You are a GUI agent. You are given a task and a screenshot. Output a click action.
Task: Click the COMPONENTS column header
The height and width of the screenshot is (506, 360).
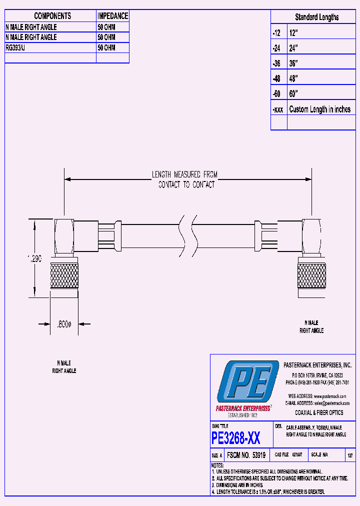tap(52, 16)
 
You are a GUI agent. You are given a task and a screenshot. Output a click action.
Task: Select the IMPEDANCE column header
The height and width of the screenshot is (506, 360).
tap(112, 16)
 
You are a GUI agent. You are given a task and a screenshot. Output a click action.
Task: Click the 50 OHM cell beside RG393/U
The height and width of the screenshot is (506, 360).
tap(106, 47)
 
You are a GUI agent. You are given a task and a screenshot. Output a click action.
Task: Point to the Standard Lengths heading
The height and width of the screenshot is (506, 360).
tap(316, 17)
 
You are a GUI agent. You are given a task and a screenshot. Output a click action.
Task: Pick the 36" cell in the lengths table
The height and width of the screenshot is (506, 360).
tap(293, 63)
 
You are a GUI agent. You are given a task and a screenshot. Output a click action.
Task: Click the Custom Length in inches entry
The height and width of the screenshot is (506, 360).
tap(319, 109)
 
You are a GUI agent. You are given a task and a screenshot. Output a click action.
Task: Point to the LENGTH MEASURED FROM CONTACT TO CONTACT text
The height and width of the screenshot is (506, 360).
tap(185, 179)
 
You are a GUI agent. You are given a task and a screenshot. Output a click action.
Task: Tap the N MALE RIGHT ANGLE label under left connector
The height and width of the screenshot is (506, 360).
tap(64, 367)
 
